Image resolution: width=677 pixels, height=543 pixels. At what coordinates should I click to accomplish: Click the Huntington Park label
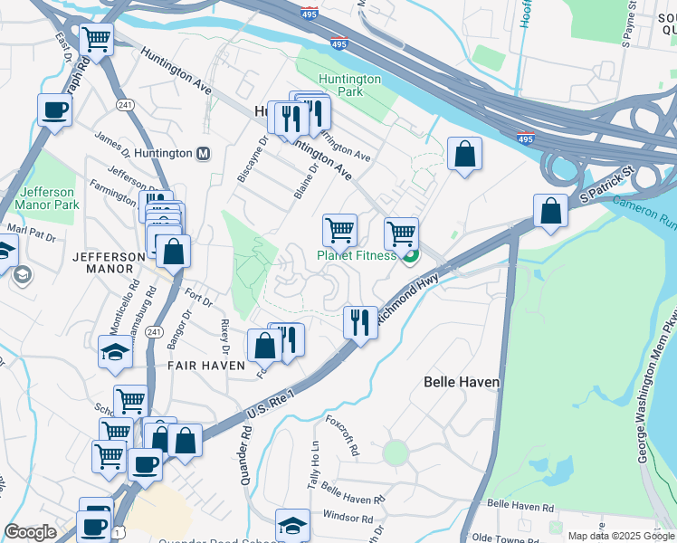point(339,85)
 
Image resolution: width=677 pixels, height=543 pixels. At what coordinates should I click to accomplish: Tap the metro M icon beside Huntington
point(204,153)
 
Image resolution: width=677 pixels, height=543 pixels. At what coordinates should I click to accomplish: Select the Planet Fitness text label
point(356,255)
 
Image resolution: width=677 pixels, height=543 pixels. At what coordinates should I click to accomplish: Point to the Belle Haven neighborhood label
point(462,383)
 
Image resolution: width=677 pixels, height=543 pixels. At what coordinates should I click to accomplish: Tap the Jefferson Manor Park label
point(47,198)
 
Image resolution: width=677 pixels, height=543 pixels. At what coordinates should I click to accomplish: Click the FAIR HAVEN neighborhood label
point(205,366)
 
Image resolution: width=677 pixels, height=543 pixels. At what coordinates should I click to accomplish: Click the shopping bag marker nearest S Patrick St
point(550,213)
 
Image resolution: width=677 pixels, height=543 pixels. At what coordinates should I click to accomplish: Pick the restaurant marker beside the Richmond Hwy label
point(360,322)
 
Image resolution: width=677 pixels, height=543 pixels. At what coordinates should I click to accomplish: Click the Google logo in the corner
point(31,532)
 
